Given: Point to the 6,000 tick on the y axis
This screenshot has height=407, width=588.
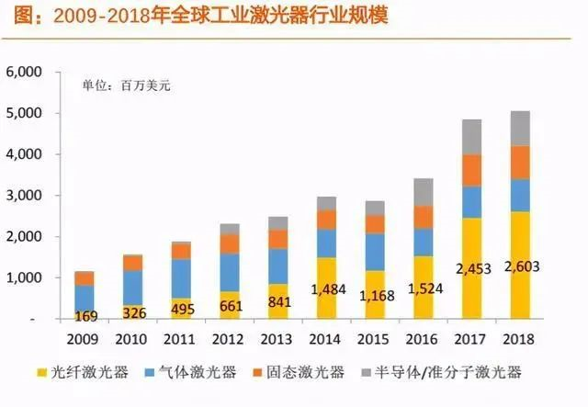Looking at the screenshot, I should (24, 73).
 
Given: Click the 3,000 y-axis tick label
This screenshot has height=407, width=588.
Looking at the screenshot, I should (24, 196).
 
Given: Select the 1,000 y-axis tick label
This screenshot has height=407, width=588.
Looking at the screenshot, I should (24, 277).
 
